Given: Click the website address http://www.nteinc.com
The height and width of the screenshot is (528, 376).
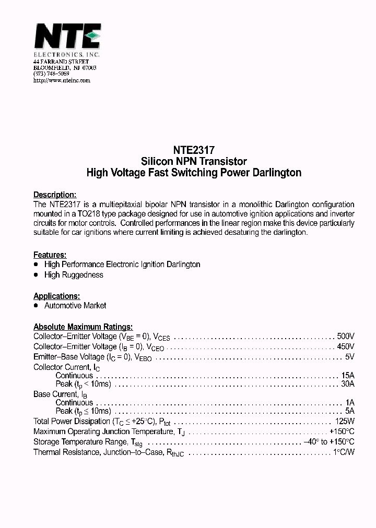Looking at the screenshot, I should (x=62, y=80).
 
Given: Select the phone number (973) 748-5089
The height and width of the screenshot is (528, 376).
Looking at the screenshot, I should (x=51, y=74).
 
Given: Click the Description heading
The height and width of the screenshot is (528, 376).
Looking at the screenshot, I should (x=55, y=194).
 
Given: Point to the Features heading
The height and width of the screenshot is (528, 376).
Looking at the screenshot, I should (x=50, y=255).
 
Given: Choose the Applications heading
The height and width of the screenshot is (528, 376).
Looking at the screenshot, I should (x=56, y=295).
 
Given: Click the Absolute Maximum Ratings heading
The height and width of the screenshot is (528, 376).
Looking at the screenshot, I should (x=83, y=326).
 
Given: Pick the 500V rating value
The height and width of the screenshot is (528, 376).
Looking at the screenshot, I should (x=346, y=336).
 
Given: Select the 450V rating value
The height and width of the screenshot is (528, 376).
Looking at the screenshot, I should (x=346, y=346).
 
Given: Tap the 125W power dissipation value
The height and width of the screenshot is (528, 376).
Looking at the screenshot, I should (x=345, y=421).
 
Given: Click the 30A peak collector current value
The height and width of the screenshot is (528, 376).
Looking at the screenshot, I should (x=348, y=384).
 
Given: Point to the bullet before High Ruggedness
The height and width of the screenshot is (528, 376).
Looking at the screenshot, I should (x=36, y=275).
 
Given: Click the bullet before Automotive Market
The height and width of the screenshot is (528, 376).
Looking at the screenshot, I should (x=36, y=305).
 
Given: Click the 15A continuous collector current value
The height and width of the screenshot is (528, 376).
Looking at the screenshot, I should (x=348, y=375).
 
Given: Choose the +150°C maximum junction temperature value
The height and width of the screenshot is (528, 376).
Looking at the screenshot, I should (x=342, y=431).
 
